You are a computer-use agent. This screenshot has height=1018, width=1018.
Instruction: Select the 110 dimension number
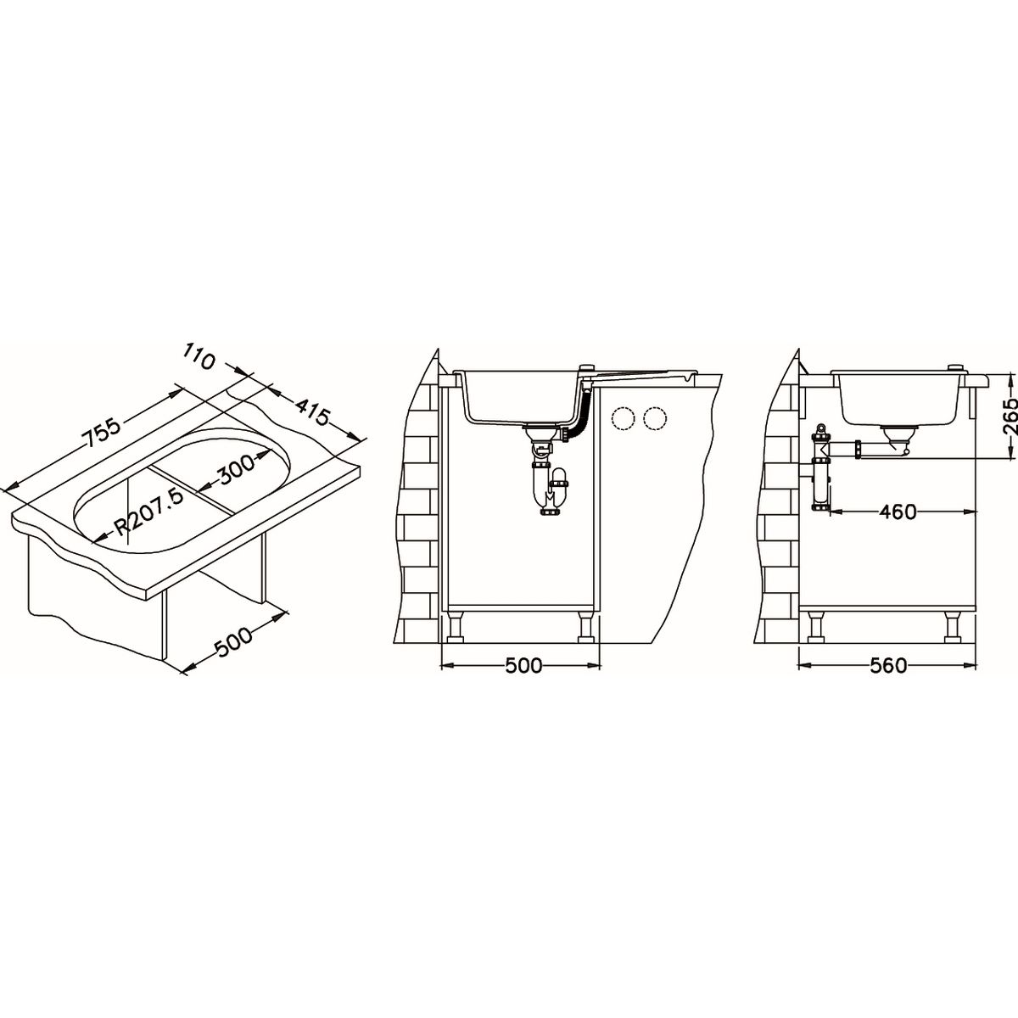point(199,355)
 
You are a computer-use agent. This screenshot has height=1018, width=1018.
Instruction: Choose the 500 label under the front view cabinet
point(523,666)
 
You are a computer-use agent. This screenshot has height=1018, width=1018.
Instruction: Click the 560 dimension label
point(888,666)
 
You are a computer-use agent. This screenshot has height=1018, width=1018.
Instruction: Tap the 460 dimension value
point(898,512)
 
